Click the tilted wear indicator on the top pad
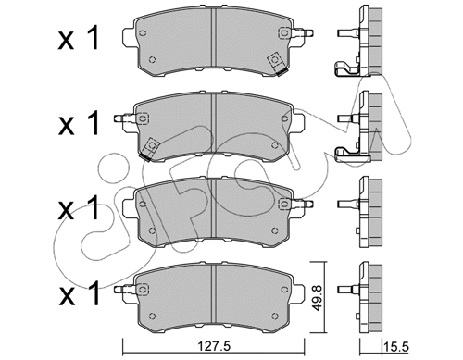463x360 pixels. (275, 61)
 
